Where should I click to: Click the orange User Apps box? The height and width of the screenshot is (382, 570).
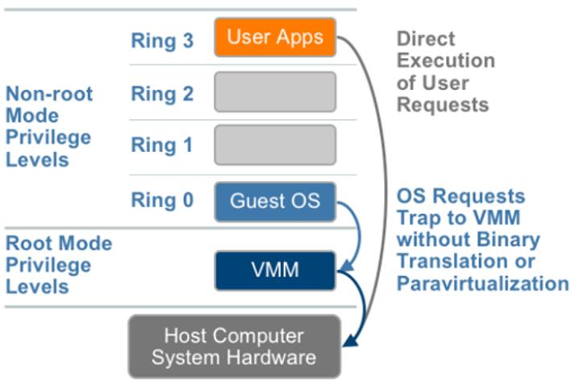pyautogui.click(x=275, y=38)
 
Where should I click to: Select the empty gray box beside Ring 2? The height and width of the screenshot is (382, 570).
pyautogui.click(x=275, y=92)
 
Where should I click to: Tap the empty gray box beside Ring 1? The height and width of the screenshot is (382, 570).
pyautogui.click(x=275, y=146)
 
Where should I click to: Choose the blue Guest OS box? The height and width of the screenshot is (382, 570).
pyautogui.click(x=275, y=202)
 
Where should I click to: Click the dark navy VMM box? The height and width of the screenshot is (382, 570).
pyautogui.click(x=275, y=270)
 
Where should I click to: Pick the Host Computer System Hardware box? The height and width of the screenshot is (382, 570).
pyautogui.click(x=234, y=347)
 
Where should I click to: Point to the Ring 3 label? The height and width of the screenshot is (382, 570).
pyautogui.click(x=162, y=40)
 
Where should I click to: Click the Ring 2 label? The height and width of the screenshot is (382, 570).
pyautogui.click(x=162, y=94)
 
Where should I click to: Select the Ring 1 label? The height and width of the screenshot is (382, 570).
pyautogui.click(x=162, y=146)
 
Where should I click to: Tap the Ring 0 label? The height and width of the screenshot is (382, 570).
pyautogui.click(x=162, y=200)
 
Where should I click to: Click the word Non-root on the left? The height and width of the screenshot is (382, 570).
pyautogui.click(x=49, y=94)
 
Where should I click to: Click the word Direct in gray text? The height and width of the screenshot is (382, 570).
pyautogui.click(x=426, y=39)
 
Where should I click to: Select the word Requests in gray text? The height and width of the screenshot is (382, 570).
pyautogui.click(x=443, y=105)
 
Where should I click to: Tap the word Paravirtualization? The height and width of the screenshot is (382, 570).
pyautogui.click(x=482, y=284)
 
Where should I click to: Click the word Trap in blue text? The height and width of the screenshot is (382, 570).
pyautogui.click(x=419, y=219)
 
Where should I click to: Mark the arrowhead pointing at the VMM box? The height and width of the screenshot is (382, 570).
pyautogui.click(x=347, y=266)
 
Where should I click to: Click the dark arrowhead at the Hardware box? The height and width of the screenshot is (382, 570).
pyautogui.click(x=351, y=341)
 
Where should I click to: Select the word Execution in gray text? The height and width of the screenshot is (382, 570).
pyautogui.click(x=446, y=60)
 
